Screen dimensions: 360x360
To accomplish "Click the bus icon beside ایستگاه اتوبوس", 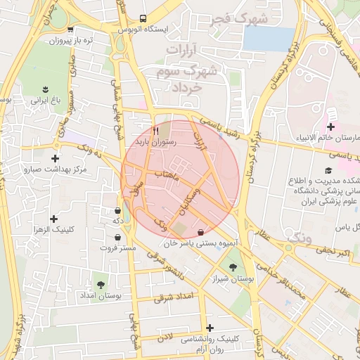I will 143,19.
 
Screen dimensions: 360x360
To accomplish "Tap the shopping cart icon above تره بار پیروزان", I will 70,30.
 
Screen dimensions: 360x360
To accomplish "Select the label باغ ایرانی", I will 46,100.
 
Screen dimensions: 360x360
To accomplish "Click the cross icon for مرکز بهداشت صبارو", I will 55,159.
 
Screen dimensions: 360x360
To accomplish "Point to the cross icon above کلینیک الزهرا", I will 54,218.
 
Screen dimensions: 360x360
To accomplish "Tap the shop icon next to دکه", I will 117,210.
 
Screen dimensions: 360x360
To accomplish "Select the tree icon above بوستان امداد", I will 101,285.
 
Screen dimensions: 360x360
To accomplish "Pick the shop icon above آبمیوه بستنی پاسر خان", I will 202,232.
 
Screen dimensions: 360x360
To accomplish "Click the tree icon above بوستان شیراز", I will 233,267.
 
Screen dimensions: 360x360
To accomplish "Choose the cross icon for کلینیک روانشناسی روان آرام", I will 210,328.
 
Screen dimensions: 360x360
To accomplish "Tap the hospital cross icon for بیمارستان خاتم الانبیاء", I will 330,126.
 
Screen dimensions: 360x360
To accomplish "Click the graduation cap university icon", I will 328,170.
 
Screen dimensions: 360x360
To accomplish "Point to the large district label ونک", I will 299,238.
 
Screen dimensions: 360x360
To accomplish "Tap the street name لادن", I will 165,337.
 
